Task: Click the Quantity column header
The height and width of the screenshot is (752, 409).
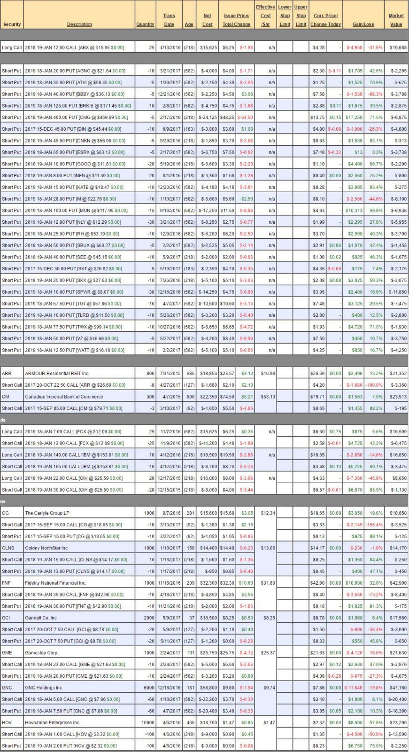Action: pos(145,24)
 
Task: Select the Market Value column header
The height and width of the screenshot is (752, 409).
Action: pos(396,20)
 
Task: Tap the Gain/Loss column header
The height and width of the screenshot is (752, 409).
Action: pos(363,24)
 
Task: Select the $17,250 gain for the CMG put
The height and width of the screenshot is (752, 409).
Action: pos(355,117)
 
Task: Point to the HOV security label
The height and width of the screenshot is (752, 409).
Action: pos(7,723)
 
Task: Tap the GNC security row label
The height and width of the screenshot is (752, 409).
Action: pos(7,688)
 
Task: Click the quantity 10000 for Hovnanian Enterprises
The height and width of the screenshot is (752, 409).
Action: pos(147,723)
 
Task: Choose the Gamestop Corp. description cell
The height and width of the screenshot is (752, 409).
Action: pos(43,653)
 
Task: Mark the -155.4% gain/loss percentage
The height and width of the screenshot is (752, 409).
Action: pos(374,525)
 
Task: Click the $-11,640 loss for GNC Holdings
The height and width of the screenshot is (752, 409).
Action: pos(354,688)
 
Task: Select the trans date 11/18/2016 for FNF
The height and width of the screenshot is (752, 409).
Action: pos(169,583)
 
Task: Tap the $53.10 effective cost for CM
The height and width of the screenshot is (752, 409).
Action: pos(268,397)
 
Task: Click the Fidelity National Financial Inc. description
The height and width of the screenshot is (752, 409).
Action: pos(55,583)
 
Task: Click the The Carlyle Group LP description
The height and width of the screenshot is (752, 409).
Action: pos(47,513)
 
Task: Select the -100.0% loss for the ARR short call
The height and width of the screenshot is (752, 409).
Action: pos(374,385)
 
